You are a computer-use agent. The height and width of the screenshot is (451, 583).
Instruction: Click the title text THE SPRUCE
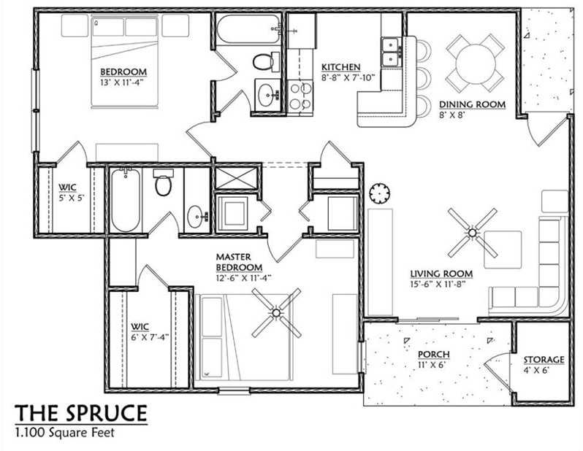[81, 413]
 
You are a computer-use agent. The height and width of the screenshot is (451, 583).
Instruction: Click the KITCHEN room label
[340, 67]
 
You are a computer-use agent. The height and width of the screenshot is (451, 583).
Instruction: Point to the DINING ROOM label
[471, 104]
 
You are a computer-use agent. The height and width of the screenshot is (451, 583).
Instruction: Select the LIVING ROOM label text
[441, 274]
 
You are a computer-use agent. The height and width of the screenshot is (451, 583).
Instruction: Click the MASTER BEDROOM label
[234, 261]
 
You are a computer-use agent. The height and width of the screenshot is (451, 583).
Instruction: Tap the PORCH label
[434, 355]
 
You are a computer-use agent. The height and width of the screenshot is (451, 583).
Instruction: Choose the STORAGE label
[543, 360]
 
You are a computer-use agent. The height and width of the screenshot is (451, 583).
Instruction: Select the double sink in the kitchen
[391, 50]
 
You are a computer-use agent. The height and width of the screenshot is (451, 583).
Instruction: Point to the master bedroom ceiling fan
[277, 313]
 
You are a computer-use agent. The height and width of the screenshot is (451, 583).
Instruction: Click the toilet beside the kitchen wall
[262, 61]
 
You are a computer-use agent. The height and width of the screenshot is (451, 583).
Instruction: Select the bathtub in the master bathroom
[126, 201]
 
